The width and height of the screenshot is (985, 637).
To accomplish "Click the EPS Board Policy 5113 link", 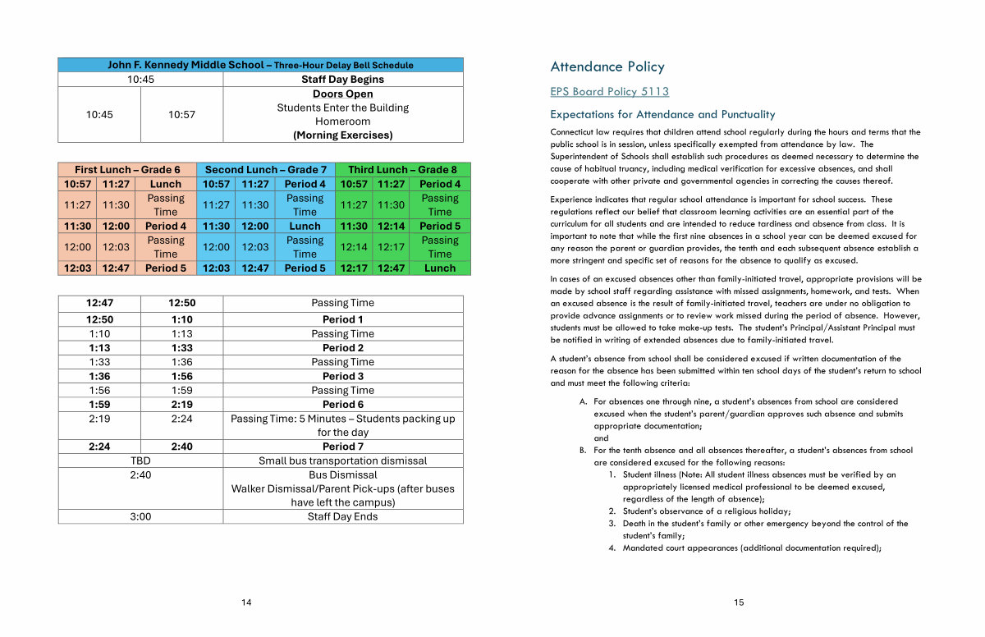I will [x=609, y=92].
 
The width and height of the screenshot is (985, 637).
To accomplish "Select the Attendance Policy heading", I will [x=607, y=67].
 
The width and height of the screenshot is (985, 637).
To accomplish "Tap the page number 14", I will [x=246, y=603].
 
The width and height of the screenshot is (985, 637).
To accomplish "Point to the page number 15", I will [x=739, y=603].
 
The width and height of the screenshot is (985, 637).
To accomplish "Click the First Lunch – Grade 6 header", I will [x=127, y=170].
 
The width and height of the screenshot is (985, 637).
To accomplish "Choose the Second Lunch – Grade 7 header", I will [x=266, y=170].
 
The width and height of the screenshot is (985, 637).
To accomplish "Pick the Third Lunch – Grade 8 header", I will [x=403, y=170].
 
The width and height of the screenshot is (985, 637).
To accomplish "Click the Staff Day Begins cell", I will [x=342, y=80].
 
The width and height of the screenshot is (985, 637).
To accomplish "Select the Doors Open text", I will [x=342, y=94].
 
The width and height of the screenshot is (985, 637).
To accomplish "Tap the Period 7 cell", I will [x=342, y=447].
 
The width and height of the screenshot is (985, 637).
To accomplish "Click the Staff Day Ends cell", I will [x=342, y=516].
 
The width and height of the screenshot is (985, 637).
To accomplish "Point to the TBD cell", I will [x=140, y=461].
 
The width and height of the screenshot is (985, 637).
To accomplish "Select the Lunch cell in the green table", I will [x=440, y=268].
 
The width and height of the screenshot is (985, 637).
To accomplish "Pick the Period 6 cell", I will [x=342, y=404].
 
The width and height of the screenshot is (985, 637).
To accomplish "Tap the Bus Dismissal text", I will [x=342, y=474].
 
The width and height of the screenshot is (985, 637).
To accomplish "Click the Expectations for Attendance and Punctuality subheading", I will [x=662, y=115].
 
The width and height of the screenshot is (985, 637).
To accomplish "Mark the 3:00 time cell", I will [x=140, y=516].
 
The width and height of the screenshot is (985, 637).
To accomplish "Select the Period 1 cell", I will [x=342, y=319].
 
